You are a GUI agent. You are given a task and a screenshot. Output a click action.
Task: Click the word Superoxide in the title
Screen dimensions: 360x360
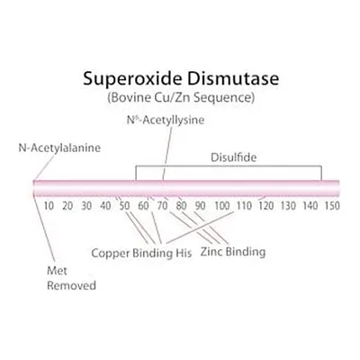tap(132, 79)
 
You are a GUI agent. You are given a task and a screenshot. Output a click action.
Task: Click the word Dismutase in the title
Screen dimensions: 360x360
tap(233, 78)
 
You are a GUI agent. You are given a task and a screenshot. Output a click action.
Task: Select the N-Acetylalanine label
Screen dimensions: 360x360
tap(59, 148)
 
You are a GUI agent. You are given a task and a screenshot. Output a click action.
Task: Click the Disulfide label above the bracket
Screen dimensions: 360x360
tap(234, 157)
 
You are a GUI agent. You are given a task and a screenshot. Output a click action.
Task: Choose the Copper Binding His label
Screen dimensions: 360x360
tap(141, 253)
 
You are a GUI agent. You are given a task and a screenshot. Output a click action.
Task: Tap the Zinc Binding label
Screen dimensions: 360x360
tap(233, 252)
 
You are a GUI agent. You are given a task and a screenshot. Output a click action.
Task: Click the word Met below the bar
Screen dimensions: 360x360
tap(57, 271)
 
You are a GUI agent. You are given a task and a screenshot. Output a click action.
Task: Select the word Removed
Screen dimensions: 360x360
tap(71, 285)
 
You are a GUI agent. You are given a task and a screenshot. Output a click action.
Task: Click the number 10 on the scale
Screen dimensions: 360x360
tap(49, 206)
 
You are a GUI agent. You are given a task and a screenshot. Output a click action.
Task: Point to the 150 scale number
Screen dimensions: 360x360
tap(332, 206)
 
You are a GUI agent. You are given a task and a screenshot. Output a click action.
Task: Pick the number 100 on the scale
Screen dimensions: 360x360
tap(222, 206)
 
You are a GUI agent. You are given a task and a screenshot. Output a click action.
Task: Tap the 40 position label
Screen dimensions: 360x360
tap(105, 206)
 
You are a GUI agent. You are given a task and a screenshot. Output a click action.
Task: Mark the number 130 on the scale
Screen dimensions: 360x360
tap(288, 206)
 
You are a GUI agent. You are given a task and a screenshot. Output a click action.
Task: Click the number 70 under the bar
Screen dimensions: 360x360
tap(163, 206)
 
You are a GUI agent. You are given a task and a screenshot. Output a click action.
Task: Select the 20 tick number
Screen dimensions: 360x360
tap(67, 206)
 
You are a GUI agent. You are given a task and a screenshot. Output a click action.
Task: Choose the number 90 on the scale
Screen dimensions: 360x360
tap(201, 206)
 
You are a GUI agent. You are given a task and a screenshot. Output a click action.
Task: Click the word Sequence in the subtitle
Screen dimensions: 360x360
tap(224, 98)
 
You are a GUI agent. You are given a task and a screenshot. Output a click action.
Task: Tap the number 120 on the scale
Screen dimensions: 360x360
tap(266, 206)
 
